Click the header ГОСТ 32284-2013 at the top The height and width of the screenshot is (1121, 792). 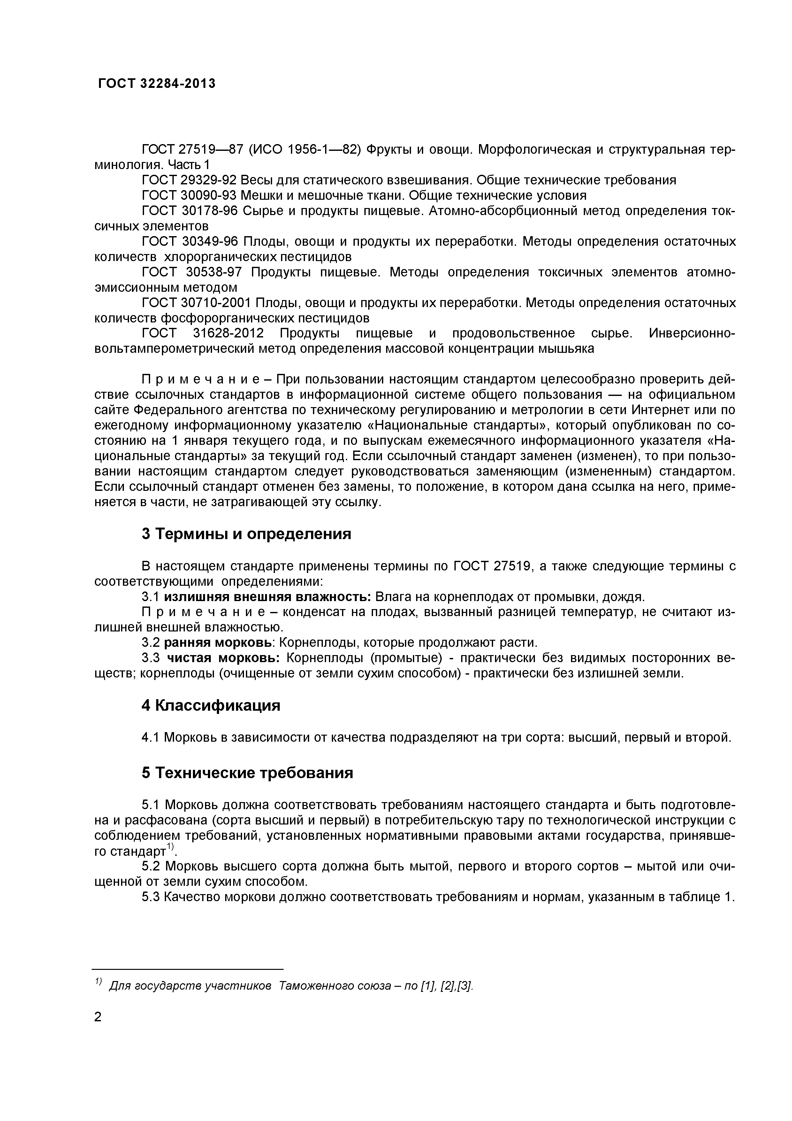click(x=156, y=84)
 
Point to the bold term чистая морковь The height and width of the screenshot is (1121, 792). click(x=223, y=658)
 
